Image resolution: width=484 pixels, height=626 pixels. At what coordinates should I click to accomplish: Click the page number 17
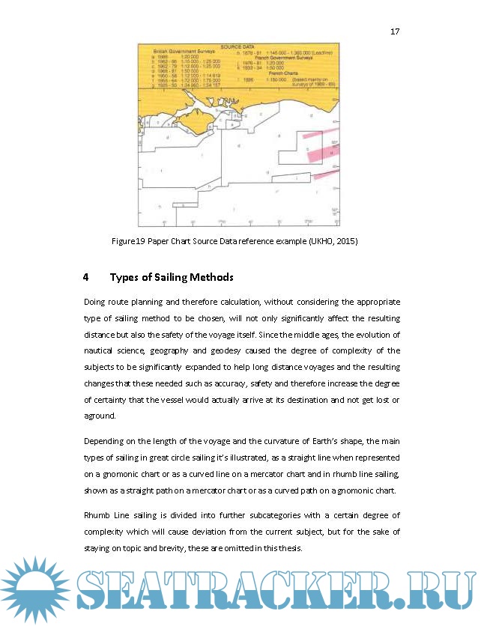coord(395,31)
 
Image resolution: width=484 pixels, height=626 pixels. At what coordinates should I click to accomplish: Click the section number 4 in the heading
coord(86,278)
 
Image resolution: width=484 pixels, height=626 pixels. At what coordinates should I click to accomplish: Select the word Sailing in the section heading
coord(175,278)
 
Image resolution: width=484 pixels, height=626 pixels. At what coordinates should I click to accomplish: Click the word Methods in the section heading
coord(214,278)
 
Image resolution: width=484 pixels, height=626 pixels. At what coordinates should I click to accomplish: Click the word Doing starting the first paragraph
coord(96,302)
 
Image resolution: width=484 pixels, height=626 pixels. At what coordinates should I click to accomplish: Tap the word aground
coord(100,416)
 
